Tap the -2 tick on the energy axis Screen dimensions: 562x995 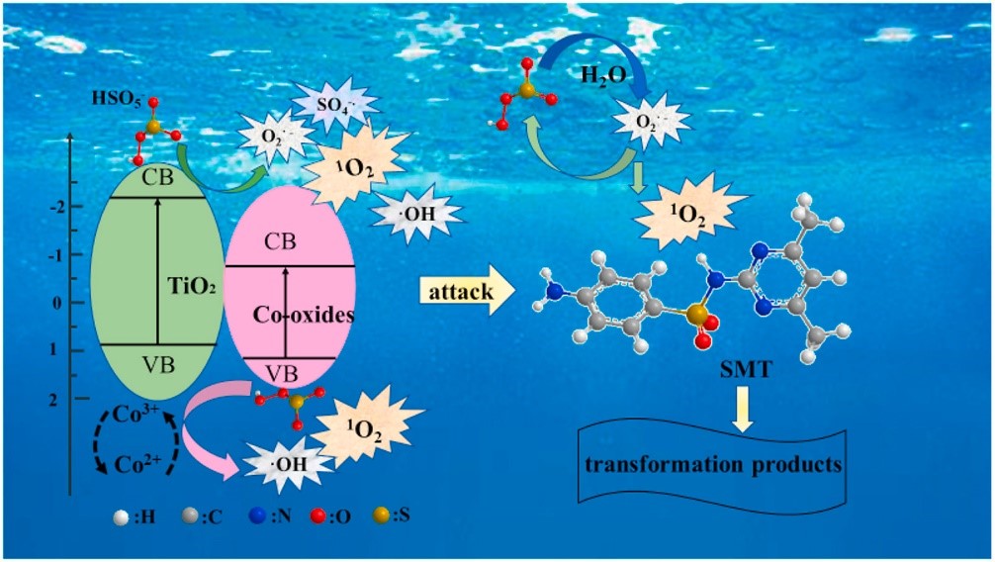coord(58,206)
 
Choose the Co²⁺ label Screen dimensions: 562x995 coord(131,463)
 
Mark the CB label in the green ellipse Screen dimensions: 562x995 coord(155,180)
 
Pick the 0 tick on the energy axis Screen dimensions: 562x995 coord(58,302)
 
